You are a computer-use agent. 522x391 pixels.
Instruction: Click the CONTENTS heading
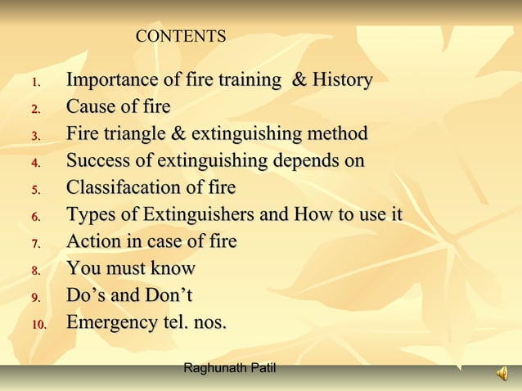180,37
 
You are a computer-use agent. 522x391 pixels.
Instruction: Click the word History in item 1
342,80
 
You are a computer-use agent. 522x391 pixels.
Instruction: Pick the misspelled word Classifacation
128,188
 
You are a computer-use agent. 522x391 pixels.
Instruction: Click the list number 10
39,325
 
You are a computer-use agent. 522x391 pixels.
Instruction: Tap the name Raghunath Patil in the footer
230,369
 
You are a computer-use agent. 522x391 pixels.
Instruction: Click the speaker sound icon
501,374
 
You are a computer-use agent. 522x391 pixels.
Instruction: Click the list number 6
35,218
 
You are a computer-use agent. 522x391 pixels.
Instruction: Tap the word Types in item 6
91,215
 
